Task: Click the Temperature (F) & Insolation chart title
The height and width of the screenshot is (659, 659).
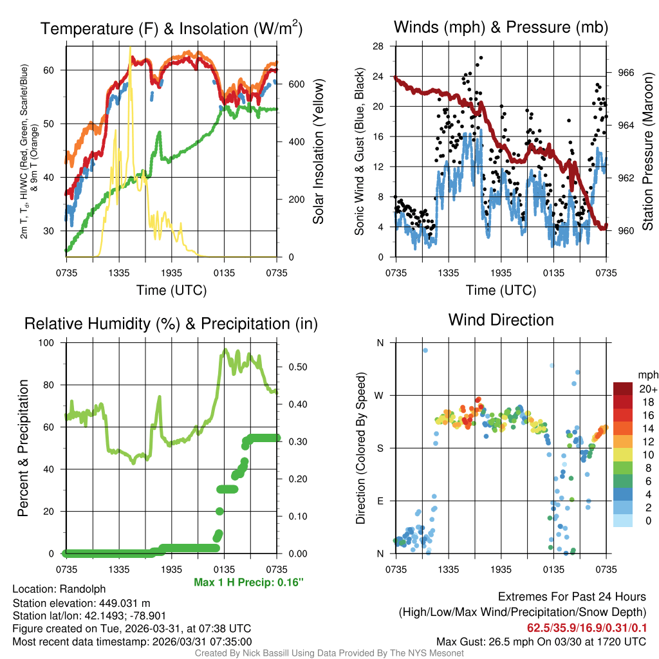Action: click(171, 28)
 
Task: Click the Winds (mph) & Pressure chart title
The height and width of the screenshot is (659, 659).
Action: click(501, 27)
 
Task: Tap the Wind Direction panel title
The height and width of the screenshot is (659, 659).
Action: click(501, 320)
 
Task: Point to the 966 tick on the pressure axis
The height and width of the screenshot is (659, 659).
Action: click(626, 73)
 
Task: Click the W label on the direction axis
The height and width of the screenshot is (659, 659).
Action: click(380, 395)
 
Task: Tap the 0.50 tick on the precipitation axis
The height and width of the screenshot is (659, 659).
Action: click(297, 367)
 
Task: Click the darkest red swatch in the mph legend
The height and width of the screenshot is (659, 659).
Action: click(622, 389)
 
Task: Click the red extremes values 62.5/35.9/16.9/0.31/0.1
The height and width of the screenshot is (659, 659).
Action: click(587, 627)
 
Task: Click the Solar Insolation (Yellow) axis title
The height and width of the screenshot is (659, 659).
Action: click(318, 151)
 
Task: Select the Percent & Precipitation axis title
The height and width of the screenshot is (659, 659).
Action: click(23, 448)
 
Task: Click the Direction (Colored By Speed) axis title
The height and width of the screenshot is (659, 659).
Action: click(362, 448)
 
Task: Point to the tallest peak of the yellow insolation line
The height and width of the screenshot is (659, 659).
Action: click(130, 48)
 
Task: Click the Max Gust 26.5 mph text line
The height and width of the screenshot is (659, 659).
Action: click(541, 641)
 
